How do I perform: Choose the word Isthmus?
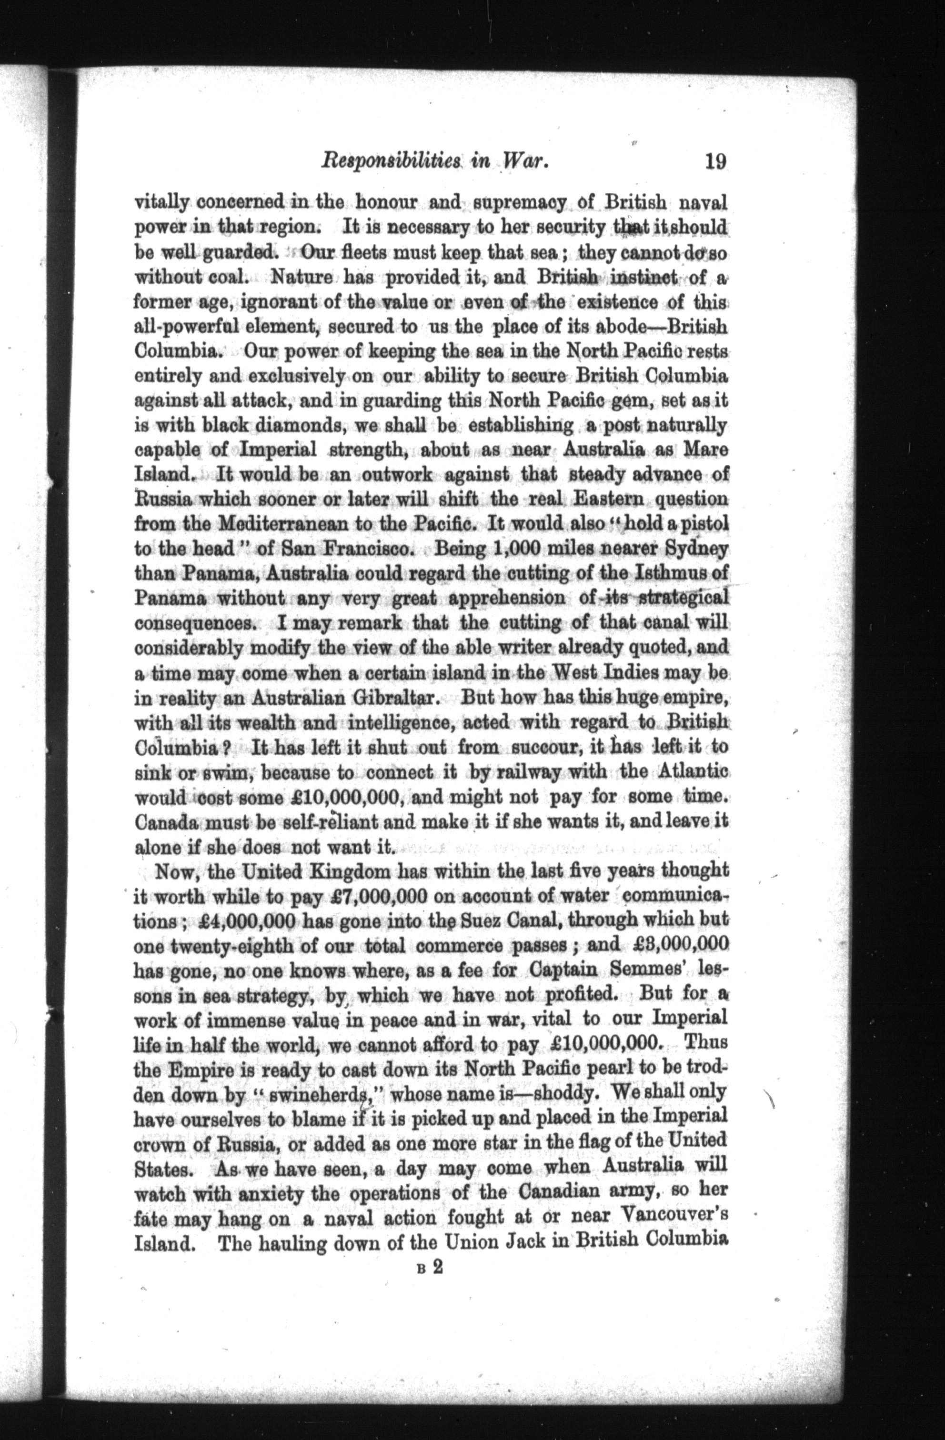(x=672, y=572)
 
